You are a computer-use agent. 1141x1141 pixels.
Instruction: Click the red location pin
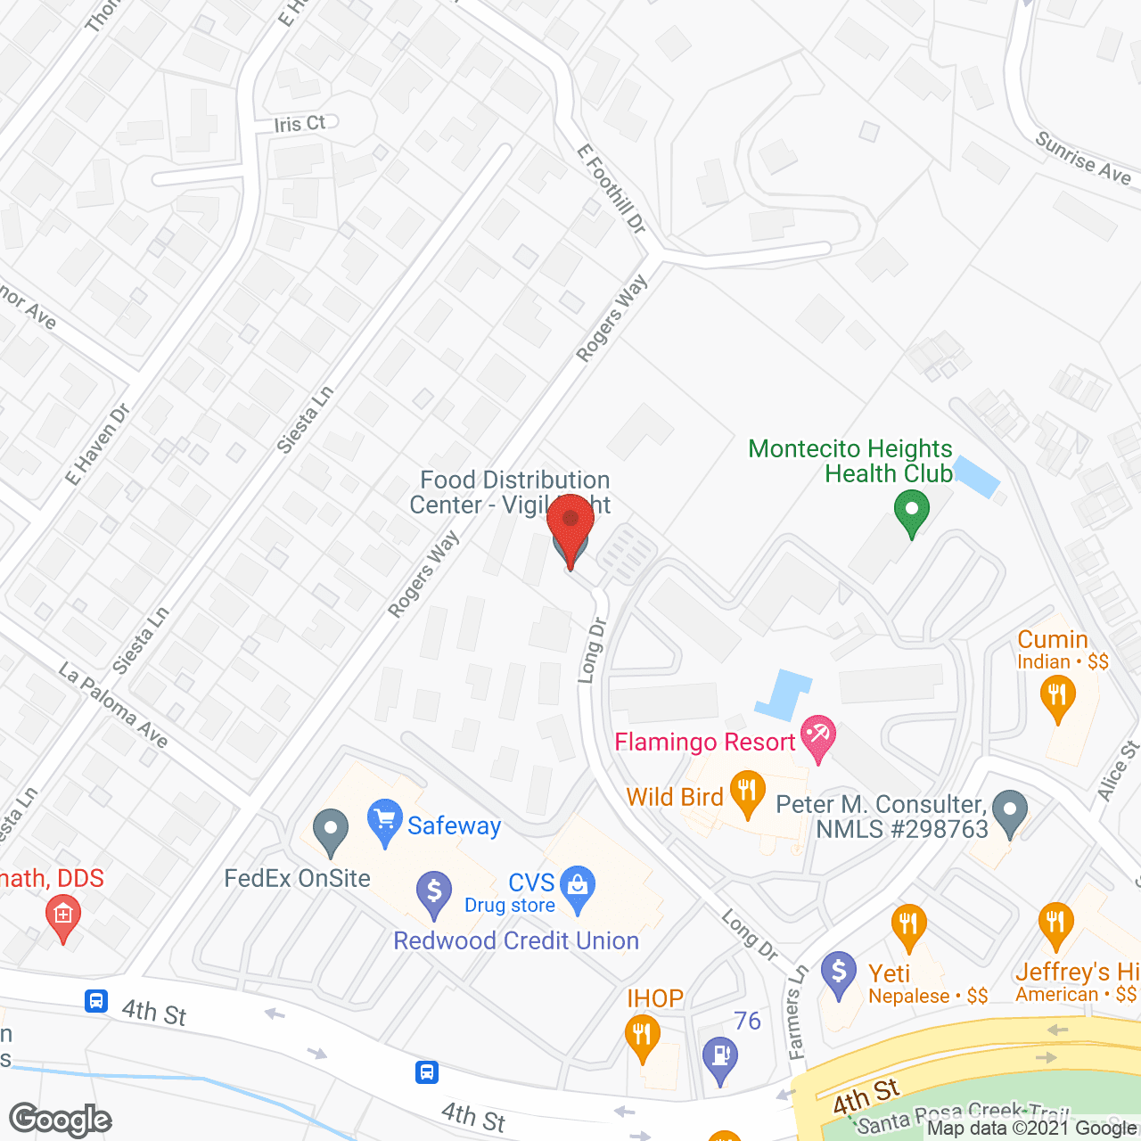[570, 526]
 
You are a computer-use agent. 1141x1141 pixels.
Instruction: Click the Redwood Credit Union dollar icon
[434, 892]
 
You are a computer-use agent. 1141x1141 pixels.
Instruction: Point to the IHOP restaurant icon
[642, 1038]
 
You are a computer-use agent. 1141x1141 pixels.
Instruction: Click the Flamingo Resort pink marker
[817, 737]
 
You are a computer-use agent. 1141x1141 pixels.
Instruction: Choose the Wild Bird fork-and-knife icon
[747, 792]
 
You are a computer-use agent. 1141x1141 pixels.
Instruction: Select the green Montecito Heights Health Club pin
[911, 514]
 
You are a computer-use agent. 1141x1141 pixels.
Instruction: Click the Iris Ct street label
[300, 123]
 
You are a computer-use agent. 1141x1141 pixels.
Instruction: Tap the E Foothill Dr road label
[612, 189]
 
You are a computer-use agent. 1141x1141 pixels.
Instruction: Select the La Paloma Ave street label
[113, 704]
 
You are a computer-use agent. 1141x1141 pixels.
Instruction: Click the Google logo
[60, 1120]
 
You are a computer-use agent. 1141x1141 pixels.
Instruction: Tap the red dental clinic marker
[62, 917]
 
